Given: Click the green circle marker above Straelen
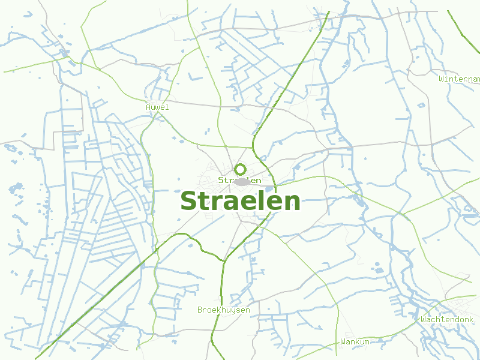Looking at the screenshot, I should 240,169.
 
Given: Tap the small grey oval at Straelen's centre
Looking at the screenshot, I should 242,181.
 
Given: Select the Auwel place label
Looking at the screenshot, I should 157,107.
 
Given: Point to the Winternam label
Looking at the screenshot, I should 460,79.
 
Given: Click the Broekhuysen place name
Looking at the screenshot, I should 223,310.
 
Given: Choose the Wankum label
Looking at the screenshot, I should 355,341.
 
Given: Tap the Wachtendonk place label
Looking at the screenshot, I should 447,319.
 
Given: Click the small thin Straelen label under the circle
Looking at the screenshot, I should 239,180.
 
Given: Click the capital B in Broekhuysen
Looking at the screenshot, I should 200,310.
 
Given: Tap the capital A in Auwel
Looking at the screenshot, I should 148,107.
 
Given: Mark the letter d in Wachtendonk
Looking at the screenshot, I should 454,319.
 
